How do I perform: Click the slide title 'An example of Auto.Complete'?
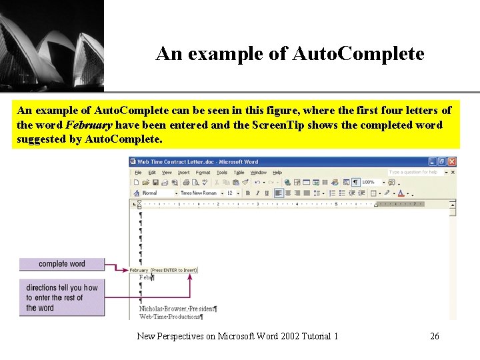click(289, 54)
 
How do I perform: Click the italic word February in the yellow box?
click(84, 125)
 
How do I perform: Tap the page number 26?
click(435, 336)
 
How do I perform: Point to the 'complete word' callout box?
click(62, 264)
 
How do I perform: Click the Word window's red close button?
click(452, 161)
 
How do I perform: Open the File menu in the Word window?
click(139, 172)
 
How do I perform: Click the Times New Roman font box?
click(199, 193)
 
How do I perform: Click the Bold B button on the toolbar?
click(248, 193)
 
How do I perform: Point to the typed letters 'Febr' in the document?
click(145, 277)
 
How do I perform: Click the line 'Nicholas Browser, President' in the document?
click(177, 309)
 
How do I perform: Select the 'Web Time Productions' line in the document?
click(171, 317)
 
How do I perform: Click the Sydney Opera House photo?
click(51, 45)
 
